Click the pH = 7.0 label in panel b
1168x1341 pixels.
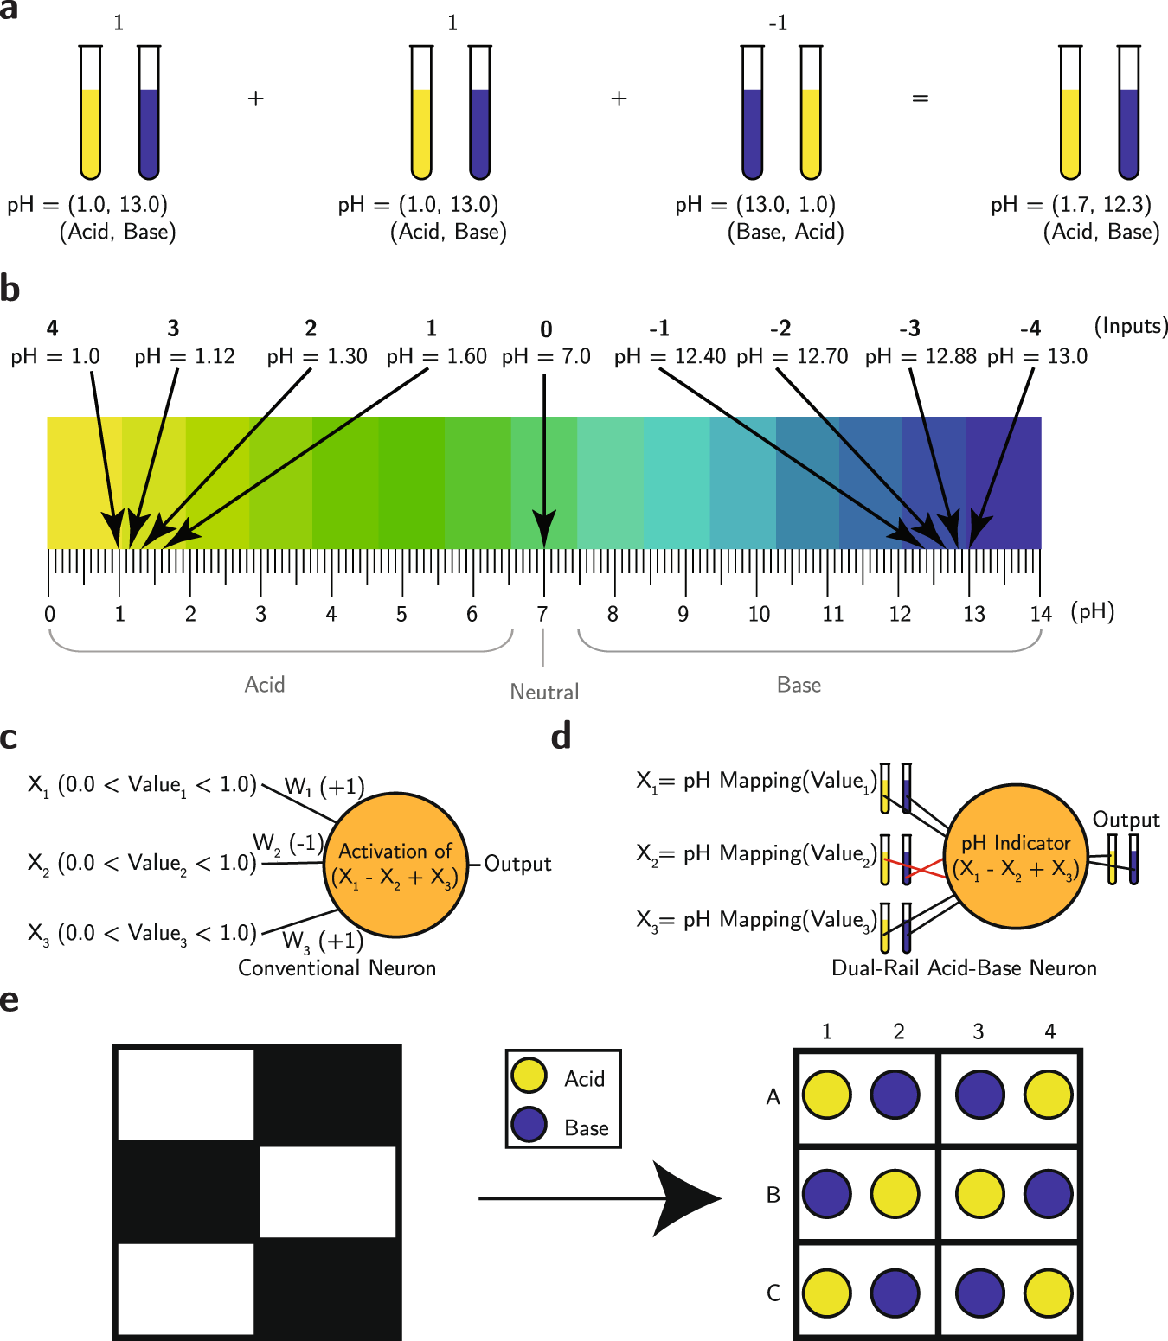click(546, 356)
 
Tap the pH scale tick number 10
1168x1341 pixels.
click(759, 614)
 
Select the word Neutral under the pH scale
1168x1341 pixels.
click(544, 692)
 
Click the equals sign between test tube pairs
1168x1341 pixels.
click(921, 99)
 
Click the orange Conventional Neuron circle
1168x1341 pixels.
click(397, 864)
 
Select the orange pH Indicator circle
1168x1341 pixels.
click(1016, 856)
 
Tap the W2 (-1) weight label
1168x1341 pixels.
click(288, 843)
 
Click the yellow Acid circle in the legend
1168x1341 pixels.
click(529, 1076)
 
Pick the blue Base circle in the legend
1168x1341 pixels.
click(529, 1124)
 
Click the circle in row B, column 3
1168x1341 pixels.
click(980, 1194)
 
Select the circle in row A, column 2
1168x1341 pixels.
click(895, 1095)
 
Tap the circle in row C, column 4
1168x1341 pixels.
click(1049, 1293)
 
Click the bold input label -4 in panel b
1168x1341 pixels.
click(1030, 329)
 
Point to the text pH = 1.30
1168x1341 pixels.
click(317, 356)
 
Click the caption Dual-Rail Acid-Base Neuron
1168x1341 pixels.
click(964, 967)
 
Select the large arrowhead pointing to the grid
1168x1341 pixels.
click(688, 1198)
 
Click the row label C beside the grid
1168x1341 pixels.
click(773, 1293)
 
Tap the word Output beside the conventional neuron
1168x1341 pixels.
click(517, 864)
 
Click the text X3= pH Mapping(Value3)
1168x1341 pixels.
click(756, 920)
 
